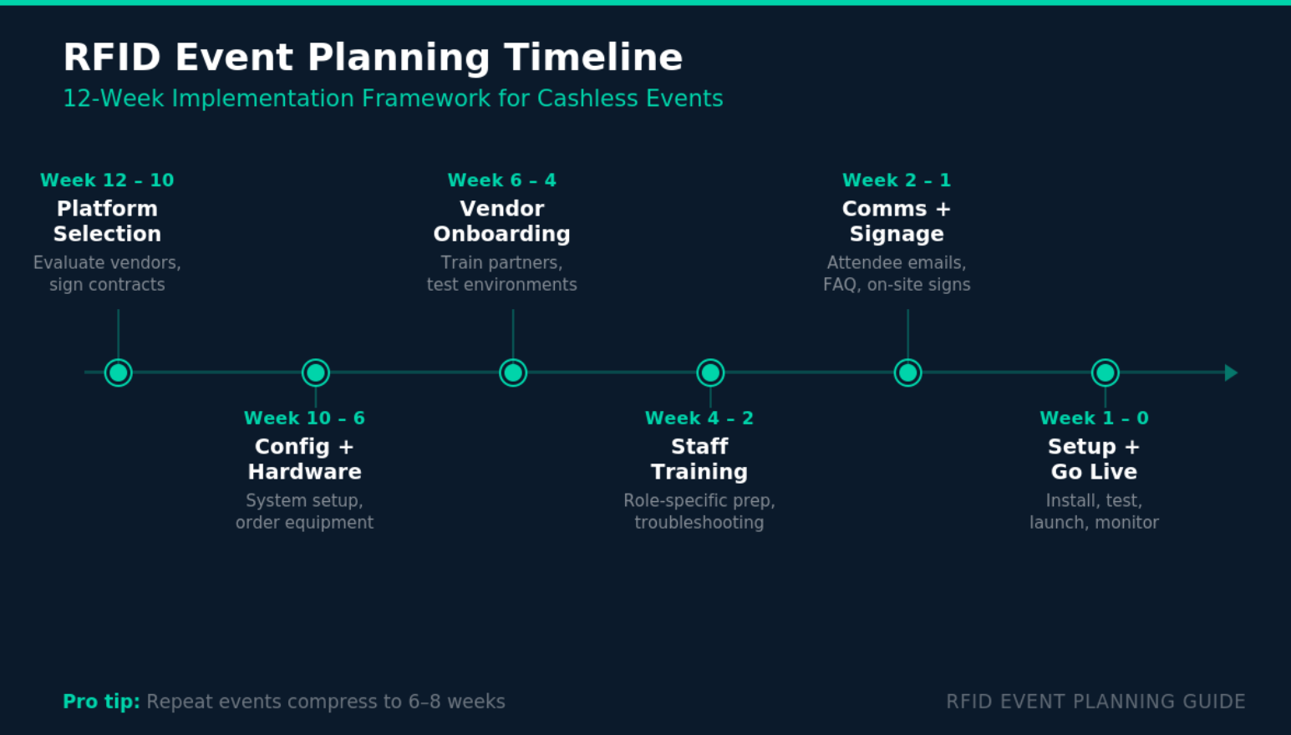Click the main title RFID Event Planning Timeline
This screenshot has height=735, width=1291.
(373, 58)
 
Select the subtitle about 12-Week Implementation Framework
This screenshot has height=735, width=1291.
(393, 99)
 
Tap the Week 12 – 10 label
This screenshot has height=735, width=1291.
(107, 180)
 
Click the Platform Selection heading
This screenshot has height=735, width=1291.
(107, 221)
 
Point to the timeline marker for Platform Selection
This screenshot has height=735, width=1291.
(119, 373)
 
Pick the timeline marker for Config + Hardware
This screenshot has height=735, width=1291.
(316, 373)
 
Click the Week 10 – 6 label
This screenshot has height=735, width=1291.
(304, 418)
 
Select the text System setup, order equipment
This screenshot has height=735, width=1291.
(304, 511)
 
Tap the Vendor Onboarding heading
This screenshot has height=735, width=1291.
(501, 221)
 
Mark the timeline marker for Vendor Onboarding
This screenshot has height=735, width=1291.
(513, 373)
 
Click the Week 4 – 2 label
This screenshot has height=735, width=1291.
(699, 418)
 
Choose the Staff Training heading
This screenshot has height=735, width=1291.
(699, 459)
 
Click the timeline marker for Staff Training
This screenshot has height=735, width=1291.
(710, 373)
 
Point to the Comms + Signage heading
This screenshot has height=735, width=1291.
(897, 221)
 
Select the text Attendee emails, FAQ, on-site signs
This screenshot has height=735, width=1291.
(897, 273)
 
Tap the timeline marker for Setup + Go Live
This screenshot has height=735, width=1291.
(1105, 373)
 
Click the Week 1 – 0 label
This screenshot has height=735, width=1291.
(1094, 418)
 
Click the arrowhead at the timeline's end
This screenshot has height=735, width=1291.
(1231, 373)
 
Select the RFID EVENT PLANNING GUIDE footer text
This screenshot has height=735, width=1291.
(1095, 702)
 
